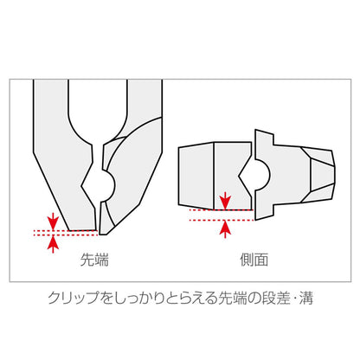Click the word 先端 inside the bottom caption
click(x=222, y=300)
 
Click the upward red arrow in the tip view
click(x=54, y=243)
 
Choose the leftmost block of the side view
click(x=195, y=177)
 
